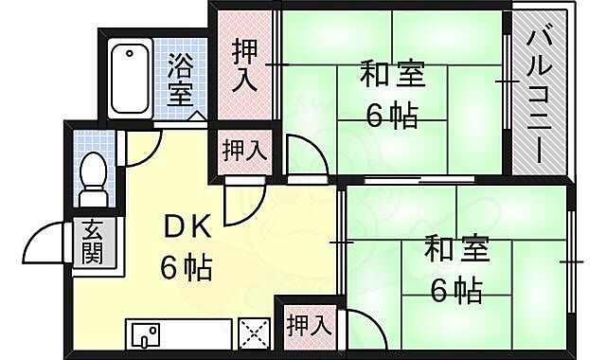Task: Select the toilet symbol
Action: (92, 178)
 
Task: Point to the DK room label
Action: (188, 228)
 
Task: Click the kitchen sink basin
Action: (146, 334)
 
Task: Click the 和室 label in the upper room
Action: (389, 74)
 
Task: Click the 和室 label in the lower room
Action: (456, 250)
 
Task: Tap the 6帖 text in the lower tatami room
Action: (456, 289)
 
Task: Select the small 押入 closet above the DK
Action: (243, 149)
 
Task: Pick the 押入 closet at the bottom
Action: (309, 325)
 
